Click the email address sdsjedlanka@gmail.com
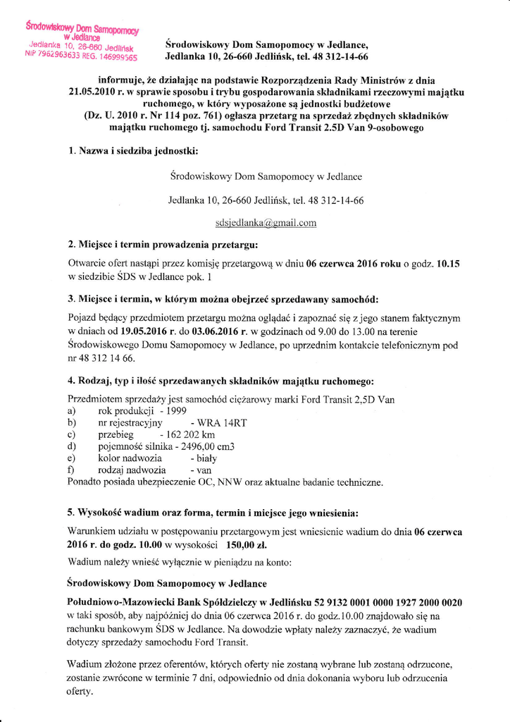pyautogui.click(x=266, y=223)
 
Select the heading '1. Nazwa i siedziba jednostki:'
pyautogui.click(x=133, y=150)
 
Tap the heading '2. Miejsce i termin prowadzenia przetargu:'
pyautogui.click(x=163, y=245)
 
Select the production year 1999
pyautogui.click(x=177, y=411)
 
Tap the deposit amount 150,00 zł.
pyautogui.click(x=247, y=545)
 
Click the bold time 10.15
pyautogui.click(x=448, y=264)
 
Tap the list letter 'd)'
pyautogui.click(x=71, y=447)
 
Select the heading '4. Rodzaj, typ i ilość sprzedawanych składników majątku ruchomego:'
pyautogui.click(x=220, y=381)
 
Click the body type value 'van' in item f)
pyautogui.click(x=201, y=470)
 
